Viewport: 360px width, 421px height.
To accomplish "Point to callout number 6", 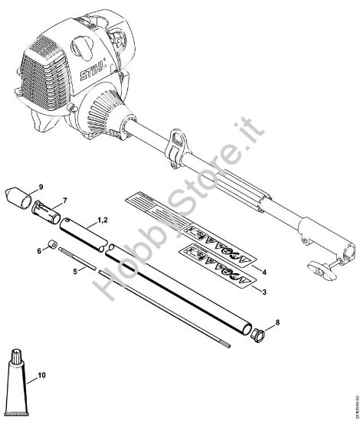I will [38, 250].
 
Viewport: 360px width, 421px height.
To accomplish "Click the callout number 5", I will [74, 270].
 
